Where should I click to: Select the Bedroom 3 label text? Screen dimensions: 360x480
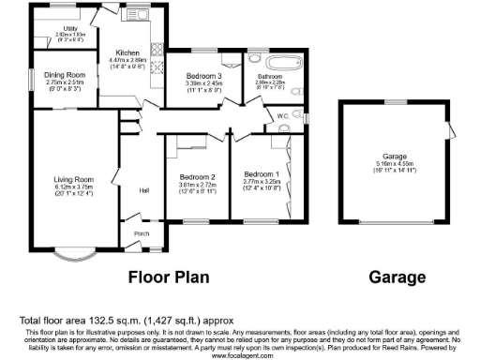coord(202,75)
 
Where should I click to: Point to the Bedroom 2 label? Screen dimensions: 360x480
coord(198,176)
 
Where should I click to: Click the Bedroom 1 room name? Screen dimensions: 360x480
coord(262,174)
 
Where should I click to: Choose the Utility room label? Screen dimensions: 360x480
coord(71,29)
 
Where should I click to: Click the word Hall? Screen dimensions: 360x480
coord(145,191)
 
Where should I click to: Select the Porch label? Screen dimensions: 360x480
coord(142,233)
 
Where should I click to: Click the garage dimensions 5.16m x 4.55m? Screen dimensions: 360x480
coord(394,165)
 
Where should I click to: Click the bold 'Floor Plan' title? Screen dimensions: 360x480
coord(168,277)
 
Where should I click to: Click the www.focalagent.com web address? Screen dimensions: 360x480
coord(239,355)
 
